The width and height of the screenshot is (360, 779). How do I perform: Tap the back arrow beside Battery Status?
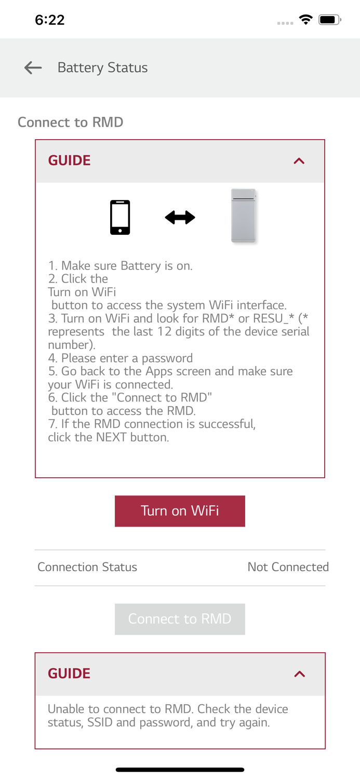coord(33,68)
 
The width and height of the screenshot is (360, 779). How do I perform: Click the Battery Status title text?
coord(102,68)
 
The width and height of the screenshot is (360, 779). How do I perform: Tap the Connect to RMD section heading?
coord(71,122)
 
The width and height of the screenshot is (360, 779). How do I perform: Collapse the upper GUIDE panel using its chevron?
coord(299,161)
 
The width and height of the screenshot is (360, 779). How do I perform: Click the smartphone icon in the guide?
coord(120,217)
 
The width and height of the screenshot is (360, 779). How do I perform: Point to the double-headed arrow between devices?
coord(180,217)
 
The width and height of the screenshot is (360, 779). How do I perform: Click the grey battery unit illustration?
coord(244,216)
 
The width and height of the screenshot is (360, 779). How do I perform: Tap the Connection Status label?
coord(87,567)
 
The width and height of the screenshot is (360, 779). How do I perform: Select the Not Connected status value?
coord(288,567)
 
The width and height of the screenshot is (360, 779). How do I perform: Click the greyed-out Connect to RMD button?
coord(180,619)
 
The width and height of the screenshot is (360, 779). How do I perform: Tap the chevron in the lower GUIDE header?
coord(299,674)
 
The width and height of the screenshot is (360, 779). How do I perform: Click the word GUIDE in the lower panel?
coord(69,674)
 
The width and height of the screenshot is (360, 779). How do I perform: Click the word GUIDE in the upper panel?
coord(69,160)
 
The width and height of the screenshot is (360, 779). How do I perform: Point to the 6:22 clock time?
coord(50,20)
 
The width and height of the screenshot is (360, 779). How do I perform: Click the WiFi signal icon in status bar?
coord(306,20)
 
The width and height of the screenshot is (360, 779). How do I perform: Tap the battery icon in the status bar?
coord(329,20)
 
